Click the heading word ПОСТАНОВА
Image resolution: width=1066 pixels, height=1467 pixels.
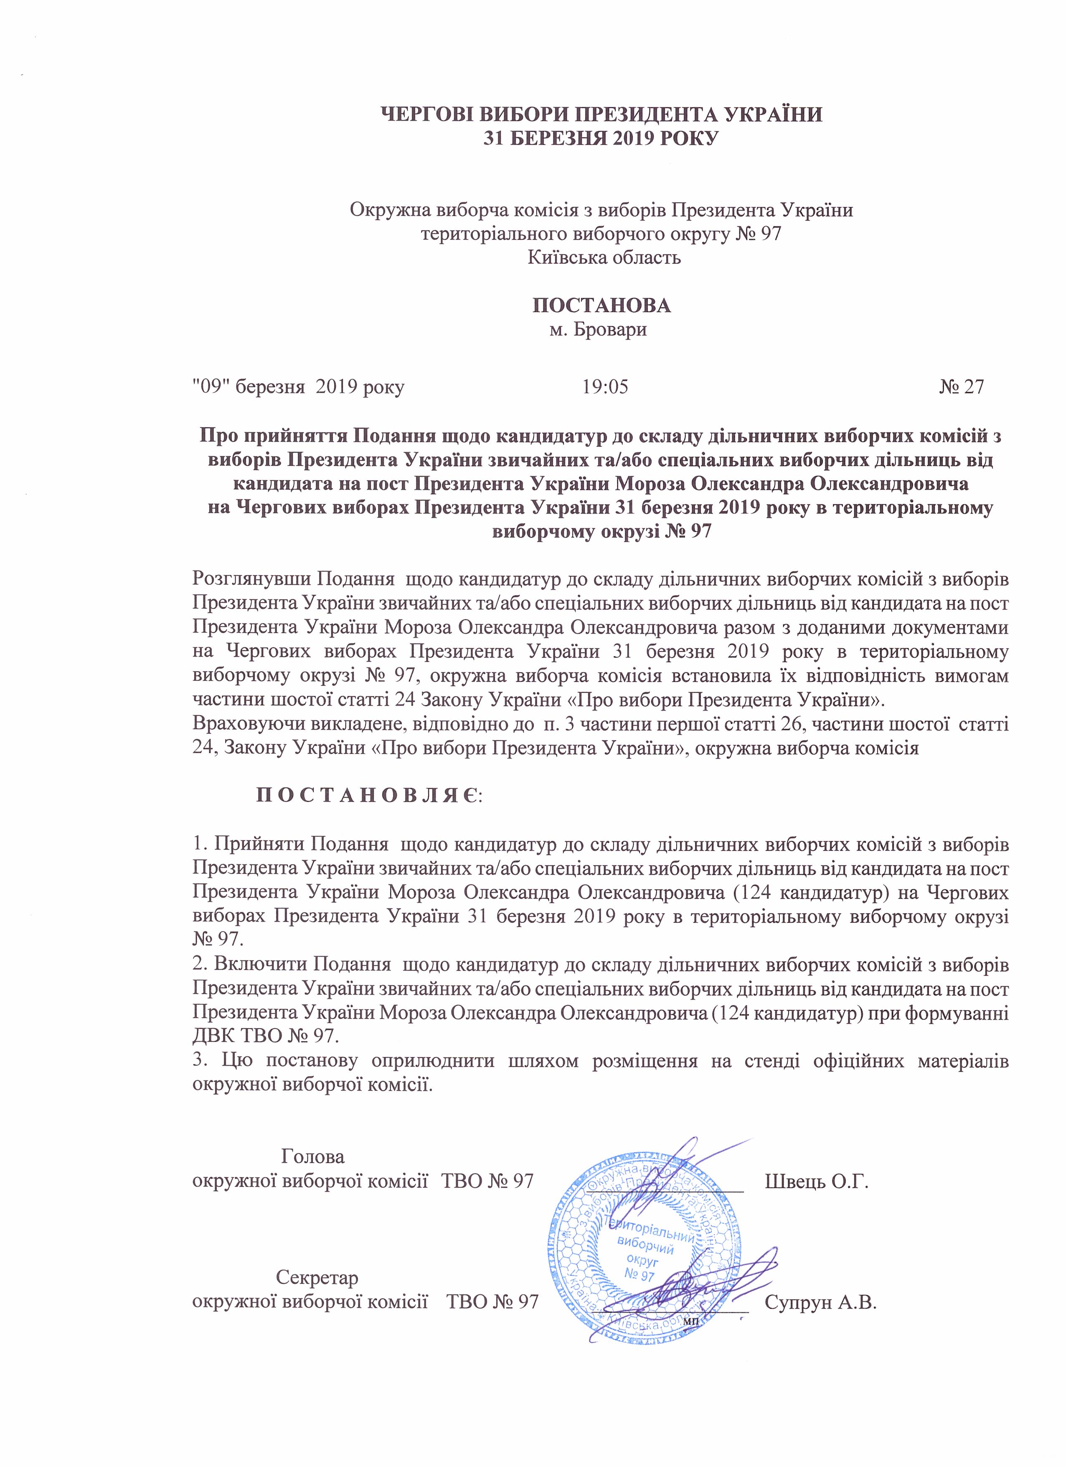pos(601,305)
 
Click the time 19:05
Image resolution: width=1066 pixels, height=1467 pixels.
pos(605,387)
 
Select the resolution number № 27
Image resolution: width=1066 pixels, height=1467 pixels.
pos(962,387)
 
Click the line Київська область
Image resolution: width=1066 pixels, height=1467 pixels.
pos(604,257)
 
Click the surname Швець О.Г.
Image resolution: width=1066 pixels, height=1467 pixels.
pos(816,1181)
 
